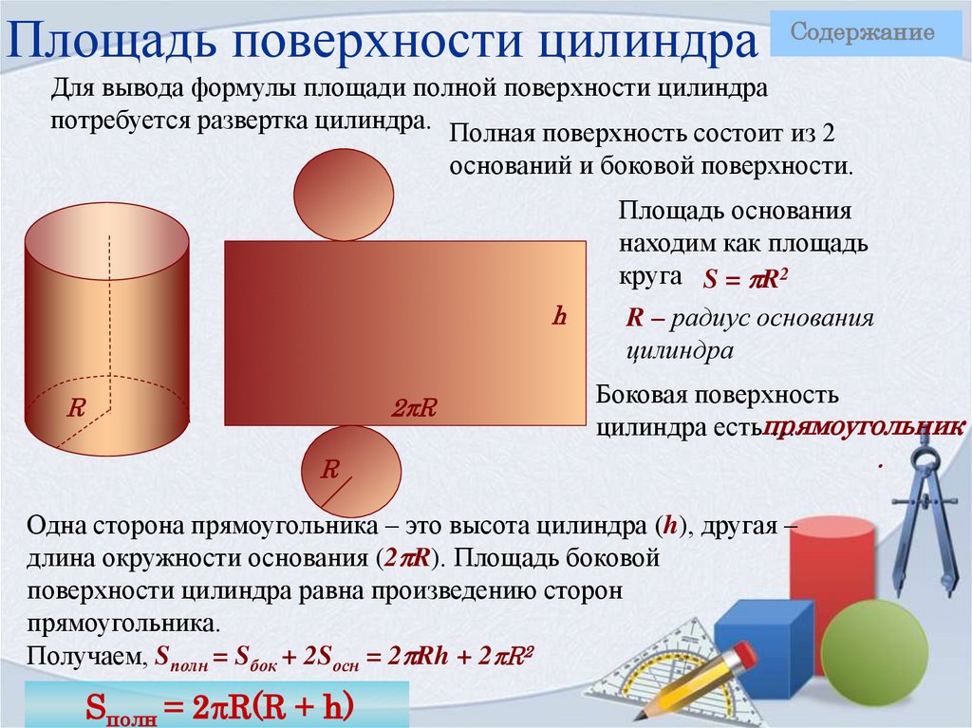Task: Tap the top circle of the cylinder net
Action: pyautogui.click(x=344, y=195)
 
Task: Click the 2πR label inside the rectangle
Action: pyautogui.click(x=414, y=408)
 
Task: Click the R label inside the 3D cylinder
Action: pyautogui.click(x=77, y=408)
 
